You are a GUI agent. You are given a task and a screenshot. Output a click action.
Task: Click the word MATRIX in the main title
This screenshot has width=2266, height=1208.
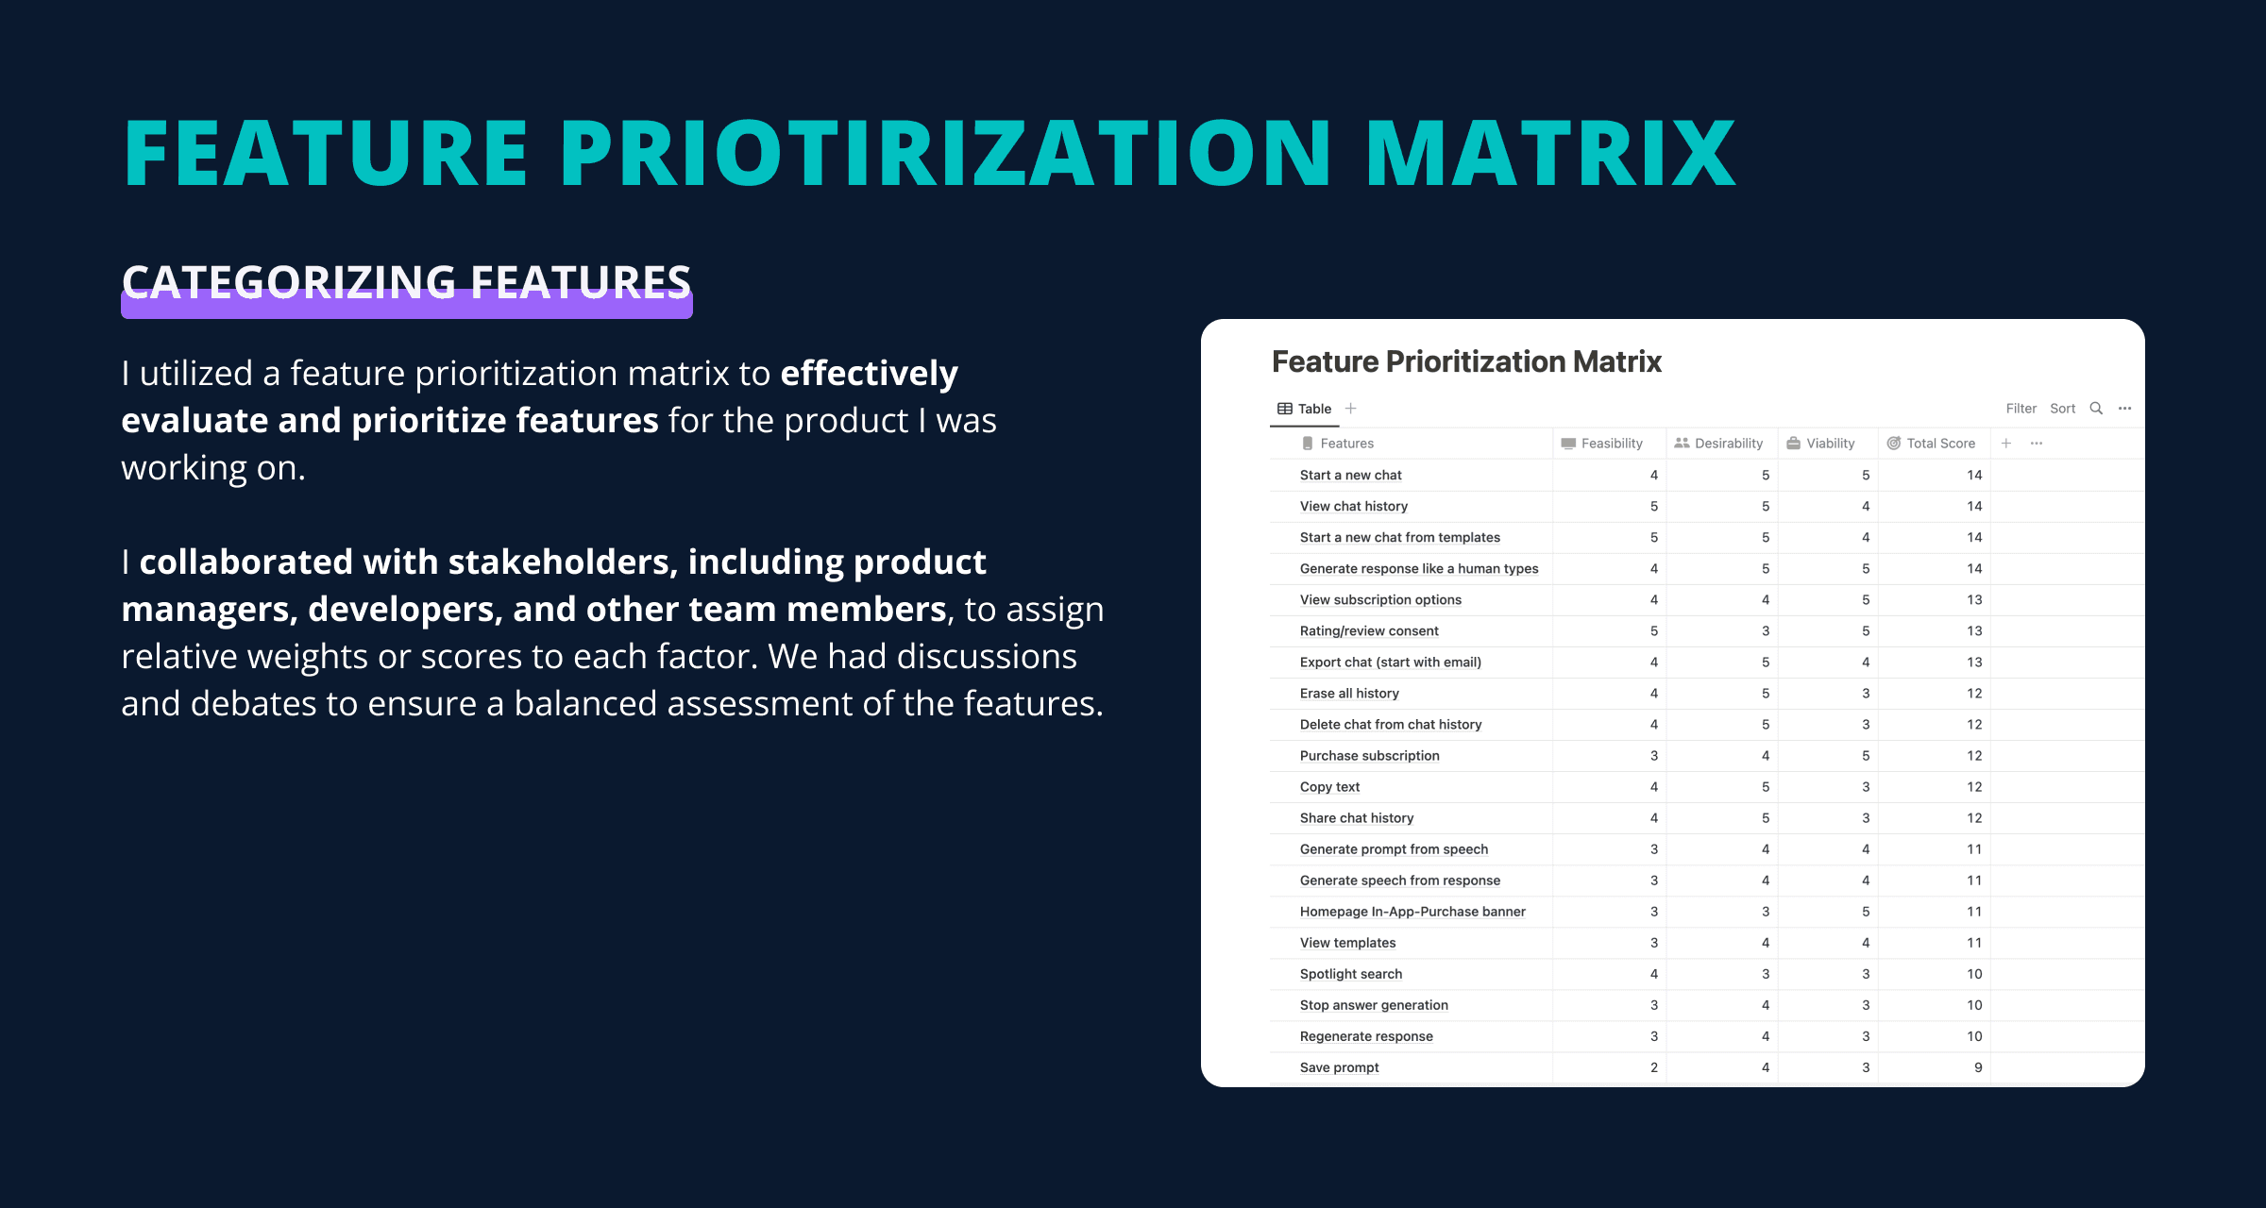[x=1550, y=153]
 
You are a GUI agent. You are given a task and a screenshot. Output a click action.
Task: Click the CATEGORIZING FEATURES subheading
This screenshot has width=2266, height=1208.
[x=407, y=282]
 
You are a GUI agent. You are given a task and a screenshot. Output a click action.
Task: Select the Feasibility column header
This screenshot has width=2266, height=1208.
[x=1602, y=444]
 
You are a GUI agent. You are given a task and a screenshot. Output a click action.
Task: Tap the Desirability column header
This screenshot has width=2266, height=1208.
[x=1718, y=444]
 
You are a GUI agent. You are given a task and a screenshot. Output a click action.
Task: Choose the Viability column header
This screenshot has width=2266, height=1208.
[x=1820, y=444]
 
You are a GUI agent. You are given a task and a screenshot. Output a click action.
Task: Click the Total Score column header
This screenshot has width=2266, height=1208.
[x=1931, y=444]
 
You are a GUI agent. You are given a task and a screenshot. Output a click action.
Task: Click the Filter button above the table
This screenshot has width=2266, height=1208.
[x=2021, y=409]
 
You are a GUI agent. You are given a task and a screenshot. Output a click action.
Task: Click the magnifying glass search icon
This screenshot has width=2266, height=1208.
[x=2096, y=409]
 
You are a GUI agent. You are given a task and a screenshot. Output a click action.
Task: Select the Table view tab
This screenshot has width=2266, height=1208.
[x=1305, y=409]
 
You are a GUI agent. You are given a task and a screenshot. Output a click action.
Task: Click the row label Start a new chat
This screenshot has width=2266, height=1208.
[x=1351, y=476]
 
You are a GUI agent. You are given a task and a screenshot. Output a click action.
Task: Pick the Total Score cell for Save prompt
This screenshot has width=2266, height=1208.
[x=1978, y=1067]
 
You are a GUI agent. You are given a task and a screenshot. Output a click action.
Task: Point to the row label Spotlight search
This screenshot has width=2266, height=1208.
[x=1351, y=974]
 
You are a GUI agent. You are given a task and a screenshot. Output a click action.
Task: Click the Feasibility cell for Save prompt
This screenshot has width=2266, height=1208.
[x=1654, y=1067]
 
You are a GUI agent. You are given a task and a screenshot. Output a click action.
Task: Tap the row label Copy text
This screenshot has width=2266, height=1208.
[x=1329, y=787]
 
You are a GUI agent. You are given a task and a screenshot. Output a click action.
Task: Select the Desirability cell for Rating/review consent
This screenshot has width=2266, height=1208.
[x=1766, y=631]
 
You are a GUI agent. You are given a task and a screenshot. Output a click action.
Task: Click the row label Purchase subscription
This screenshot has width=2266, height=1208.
[x=1370, y=756]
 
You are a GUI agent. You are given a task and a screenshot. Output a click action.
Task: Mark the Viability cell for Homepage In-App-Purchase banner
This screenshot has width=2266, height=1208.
[x=1866, y=912]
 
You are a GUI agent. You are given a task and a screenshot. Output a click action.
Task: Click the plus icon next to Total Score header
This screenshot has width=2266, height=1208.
[x=2006, y=444]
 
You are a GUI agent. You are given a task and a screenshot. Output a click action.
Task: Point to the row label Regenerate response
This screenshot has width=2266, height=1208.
[x=1366, y=1036]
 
